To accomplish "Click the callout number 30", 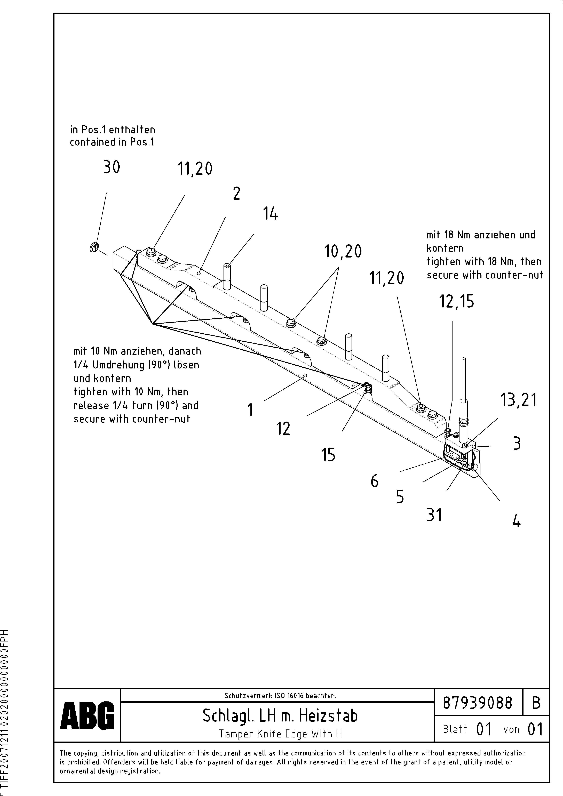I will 111,167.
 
